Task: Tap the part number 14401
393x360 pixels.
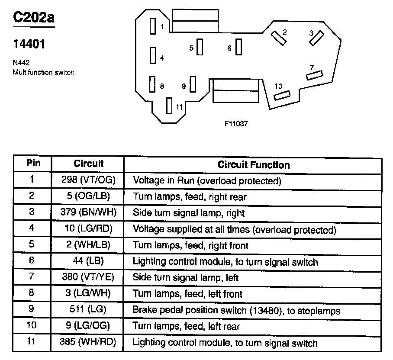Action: tap(29, 45)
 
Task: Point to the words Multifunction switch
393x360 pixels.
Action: tap(43, 73)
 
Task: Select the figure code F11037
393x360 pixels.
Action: tap(236, 123)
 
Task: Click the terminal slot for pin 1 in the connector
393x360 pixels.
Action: tap(152, 26)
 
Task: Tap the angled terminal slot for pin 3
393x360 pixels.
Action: tap(316, 38)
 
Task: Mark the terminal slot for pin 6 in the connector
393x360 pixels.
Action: tap(238, 47)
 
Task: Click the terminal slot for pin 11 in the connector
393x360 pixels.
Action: tap(169, 106)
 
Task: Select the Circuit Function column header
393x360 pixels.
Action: tap(254, 164)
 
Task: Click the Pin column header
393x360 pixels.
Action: tap(33, 164)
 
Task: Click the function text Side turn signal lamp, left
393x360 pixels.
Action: tap(186, 278)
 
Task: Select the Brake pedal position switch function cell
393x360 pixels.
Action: tap(236, 311)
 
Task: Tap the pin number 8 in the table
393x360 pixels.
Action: tap(32, 294)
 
